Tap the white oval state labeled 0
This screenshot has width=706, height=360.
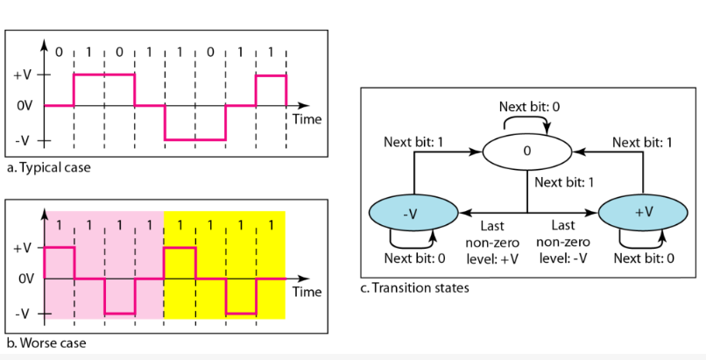526,151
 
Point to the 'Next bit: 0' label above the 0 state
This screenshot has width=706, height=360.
529,107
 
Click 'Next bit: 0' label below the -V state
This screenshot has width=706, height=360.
417,258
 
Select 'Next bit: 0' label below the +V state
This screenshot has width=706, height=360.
644,258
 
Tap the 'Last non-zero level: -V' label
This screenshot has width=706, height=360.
561,241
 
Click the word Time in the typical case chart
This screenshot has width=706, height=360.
307,118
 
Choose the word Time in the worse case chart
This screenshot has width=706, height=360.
307,291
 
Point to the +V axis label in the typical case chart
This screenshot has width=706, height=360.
23,74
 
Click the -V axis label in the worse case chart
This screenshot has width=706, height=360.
23,313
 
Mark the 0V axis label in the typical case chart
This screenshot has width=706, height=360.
24,106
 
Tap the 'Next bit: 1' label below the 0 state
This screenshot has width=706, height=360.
565,182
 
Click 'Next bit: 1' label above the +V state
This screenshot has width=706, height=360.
642,142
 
